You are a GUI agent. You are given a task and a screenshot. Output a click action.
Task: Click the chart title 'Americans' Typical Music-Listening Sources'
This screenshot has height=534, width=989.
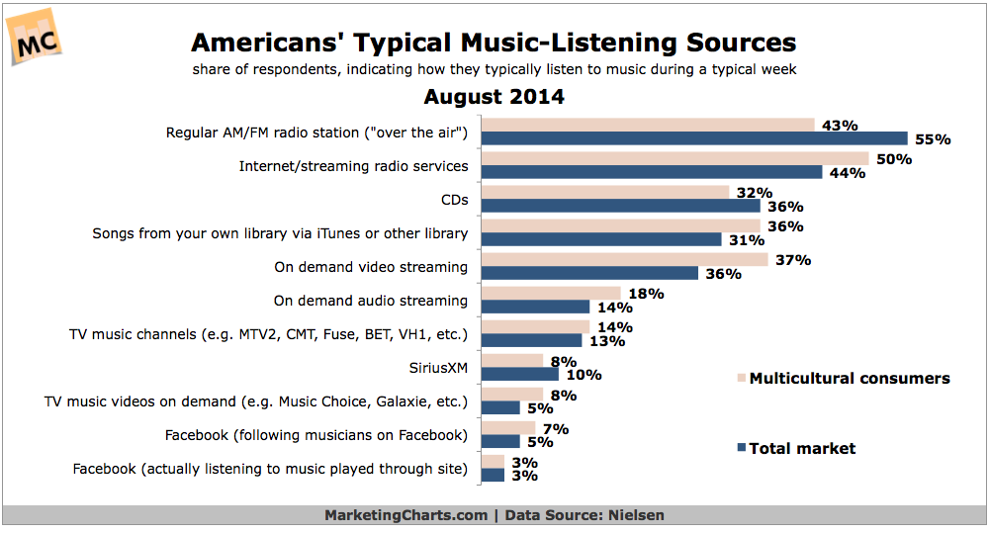[x=494, y=44]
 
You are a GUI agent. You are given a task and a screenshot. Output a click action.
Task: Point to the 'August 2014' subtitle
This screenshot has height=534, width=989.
[x=494, y=97]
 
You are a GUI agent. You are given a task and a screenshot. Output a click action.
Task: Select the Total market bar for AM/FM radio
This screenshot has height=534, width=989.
[x=693, y=139]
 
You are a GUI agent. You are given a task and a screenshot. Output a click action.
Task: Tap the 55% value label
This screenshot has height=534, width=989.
[x=932, y=139]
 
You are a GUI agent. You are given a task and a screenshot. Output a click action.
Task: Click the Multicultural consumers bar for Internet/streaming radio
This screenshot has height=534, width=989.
[x=674, y=158]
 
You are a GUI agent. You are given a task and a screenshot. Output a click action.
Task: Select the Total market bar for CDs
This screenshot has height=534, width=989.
[x=620, y=207]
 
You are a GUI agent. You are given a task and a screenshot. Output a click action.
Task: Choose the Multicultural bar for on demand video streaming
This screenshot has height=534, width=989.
[x=624, y=259]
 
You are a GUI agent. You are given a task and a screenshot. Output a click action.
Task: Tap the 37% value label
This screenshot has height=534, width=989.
[x=792, y=260]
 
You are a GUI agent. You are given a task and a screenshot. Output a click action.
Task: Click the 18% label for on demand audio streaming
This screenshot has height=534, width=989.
[x=645, y=294]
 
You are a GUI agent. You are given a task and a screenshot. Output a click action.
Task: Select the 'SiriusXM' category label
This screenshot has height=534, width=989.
[x=439, y=368]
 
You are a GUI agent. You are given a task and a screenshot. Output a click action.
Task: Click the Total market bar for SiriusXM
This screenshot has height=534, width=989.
[x=519, y=375]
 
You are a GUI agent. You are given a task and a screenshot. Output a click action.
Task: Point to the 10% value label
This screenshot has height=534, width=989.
[x=583, y=375]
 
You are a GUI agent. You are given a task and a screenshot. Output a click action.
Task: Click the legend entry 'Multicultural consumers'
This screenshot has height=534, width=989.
[x=850, y=378]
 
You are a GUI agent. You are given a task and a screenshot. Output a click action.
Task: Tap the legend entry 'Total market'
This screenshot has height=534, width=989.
[x=802, y=448]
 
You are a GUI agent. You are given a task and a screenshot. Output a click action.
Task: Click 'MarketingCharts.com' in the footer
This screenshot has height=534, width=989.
[x=405, y=515]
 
